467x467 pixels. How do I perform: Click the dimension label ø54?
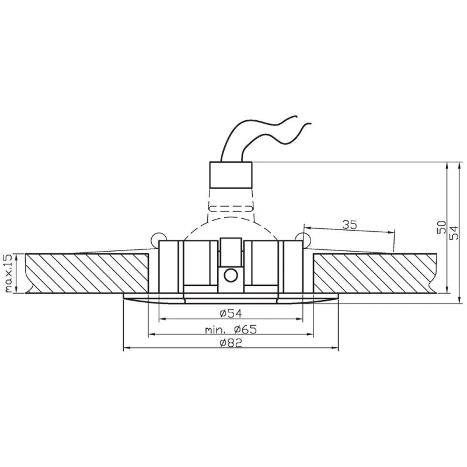(231, 313)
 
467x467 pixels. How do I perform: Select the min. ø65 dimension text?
(231, 329)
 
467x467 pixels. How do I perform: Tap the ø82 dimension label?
(231, 343)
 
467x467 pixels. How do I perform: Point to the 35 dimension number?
(349, 225)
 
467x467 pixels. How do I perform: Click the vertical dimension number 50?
(442, 227)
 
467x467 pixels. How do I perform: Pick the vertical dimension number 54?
(454, 232)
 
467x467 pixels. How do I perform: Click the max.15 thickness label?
(8, 273)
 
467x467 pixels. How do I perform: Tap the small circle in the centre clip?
(231, 275)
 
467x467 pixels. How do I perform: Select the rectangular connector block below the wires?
(231, 175)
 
